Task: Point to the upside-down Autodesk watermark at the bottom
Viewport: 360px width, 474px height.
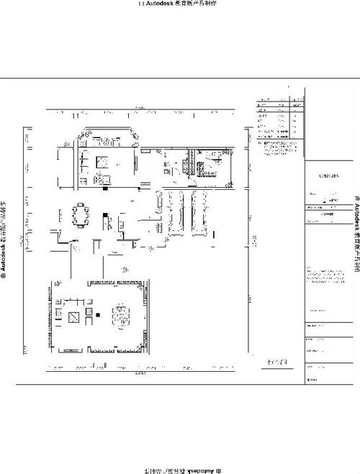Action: [180, 470]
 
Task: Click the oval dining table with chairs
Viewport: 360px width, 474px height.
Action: [78, 214]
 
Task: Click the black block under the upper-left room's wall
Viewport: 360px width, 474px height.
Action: [106, 189]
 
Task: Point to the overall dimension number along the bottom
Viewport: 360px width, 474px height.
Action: [141, 375]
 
